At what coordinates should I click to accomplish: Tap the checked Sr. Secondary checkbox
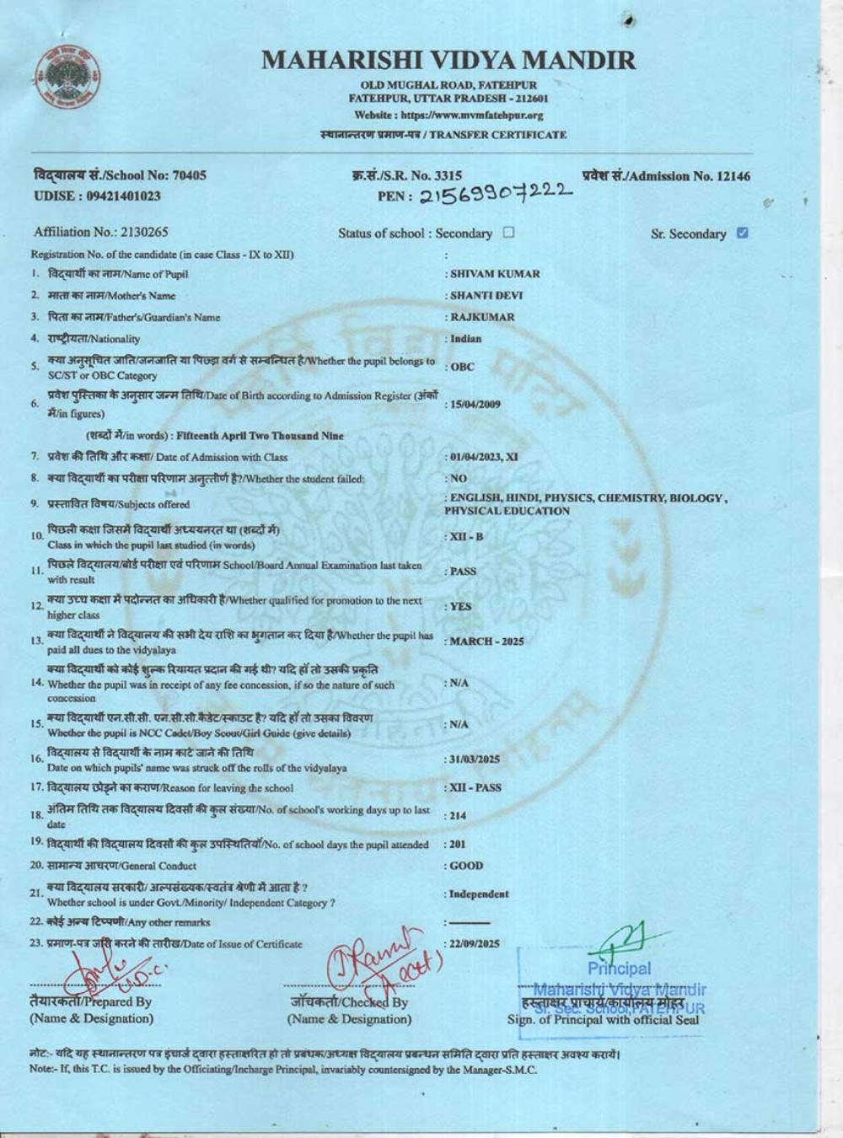742,233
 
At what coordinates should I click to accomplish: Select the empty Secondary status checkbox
508,232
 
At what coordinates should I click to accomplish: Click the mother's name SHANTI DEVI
491,295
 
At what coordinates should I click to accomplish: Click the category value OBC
463,367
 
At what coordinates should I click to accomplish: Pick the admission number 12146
732,176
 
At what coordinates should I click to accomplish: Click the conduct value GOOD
467,866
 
